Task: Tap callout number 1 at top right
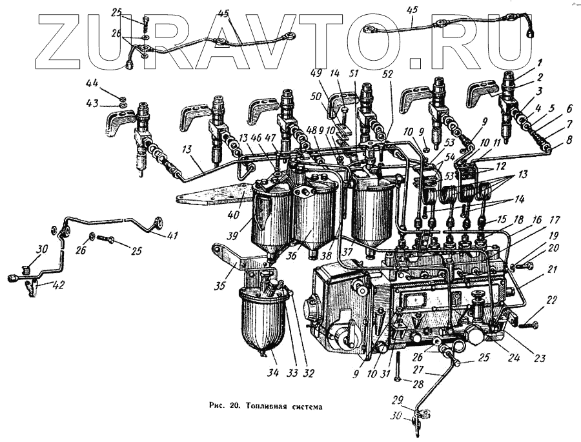tap(536, 61)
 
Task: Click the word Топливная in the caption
tap(267, 407)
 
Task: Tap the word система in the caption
tap(303, 407)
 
